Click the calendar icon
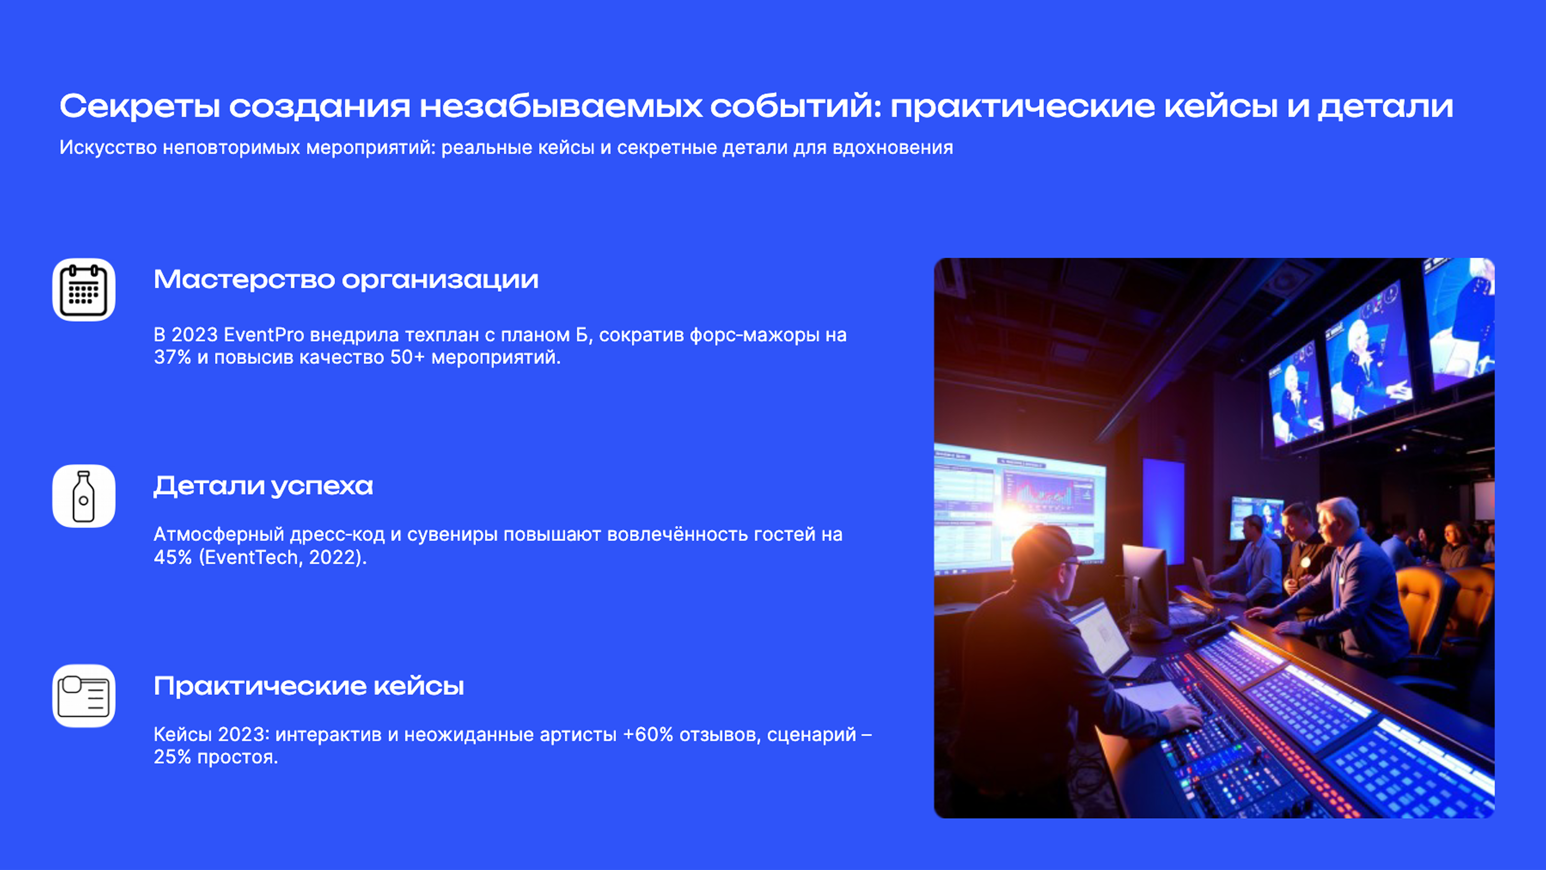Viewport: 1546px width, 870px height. (x=84, y=290)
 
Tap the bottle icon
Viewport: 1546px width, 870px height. (x=84, y=496)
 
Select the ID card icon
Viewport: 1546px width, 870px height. (x=84, y=696)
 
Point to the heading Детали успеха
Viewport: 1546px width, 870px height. (x=263, y=486)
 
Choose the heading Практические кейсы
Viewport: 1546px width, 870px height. (x=309, y=686)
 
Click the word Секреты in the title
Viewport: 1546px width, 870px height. (x=139, y=106)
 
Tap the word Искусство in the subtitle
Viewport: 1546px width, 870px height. (x=108, y=148)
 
